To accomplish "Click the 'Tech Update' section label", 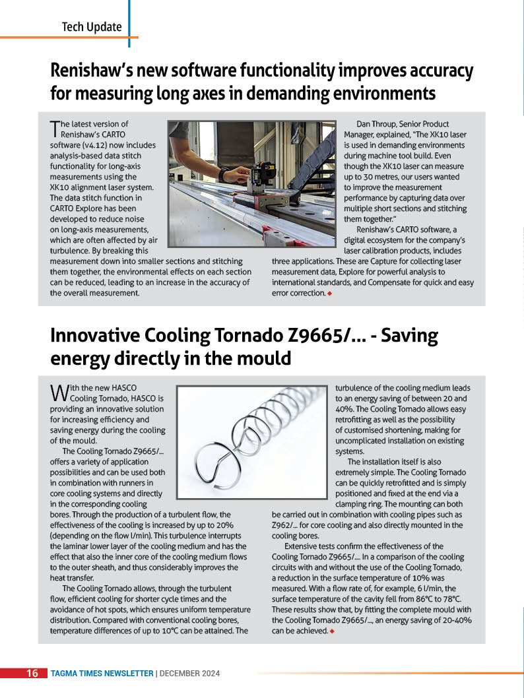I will point(92,27).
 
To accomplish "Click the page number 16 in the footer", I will point(32,674).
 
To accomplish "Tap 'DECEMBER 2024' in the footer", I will point(190,674).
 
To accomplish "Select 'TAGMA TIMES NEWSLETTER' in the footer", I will point(102,674).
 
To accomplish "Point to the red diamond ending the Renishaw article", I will point(329,293).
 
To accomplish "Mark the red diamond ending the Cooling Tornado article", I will point(331,631).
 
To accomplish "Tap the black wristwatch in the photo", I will point(224,175).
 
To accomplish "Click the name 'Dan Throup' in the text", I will point(377,124).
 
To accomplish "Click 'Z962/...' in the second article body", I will point(284,525).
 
